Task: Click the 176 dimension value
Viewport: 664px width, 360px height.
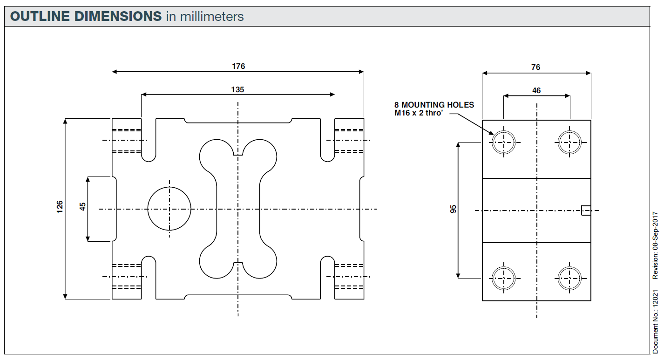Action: click(238, 66)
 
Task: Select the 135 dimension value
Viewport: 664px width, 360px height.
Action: click(237, 89)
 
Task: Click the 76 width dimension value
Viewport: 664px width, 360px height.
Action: click(536, 67)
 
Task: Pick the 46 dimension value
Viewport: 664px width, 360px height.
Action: click(536, 90)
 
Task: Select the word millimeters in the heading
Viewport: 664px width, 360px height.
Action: click(212, 17)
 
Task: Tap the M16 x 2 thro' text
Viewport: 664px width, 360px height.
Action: click(419, 113)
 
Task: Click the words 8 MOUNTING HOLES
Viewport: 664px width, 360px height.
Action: click(434, 105)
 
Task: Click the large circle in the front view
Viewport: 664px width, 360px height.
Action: click(169, 209)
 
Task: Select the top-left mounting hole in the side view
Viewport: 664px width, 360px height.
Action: click(504, 143)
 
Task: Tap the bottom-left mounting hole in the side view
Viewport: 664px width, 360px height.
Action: click(504, 278)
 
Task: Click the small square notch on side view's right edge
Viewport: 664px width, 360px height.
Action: click(586, 211)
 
